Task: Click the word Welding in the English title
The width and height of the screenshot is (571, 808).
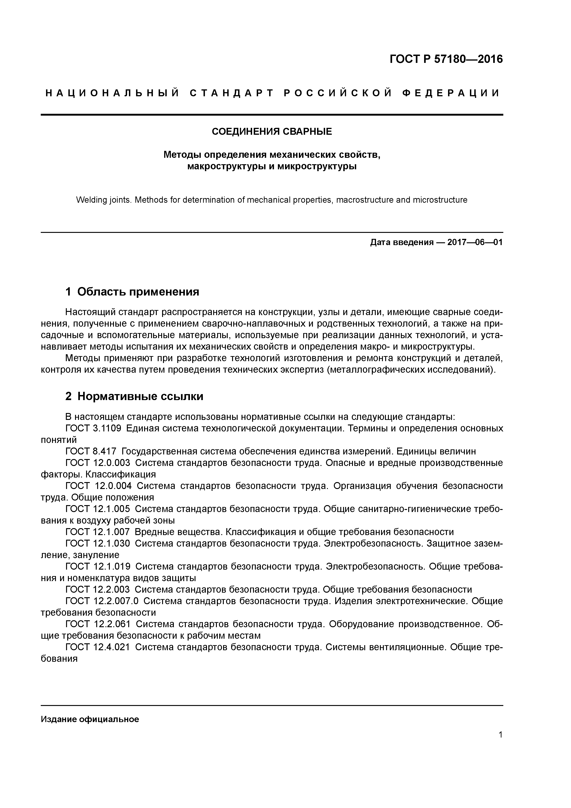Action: (x=91, y=200)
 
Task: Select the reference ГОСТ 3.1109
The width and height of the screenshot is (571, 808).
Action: (x=93, y=428)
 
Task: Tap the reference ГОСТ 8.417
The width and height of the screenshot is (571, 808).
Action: (x=91, y=451)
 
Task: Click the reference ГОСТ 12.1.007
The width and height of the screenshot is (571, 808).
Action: (x=97, y=532)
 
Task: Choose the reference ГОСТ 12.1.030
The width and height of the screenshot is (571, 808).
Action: (x=97, y=543)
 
